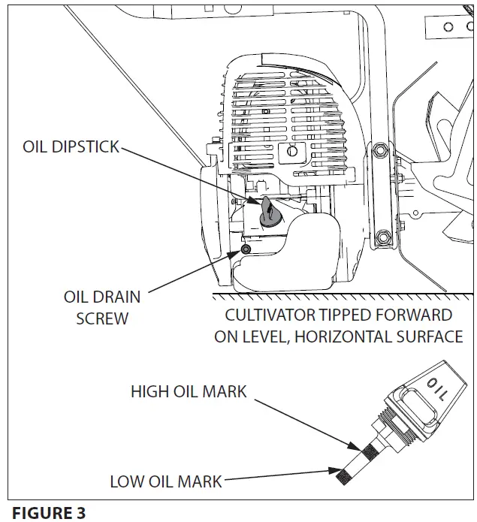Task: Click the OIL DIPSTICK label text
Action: pyautogui.click(x=71, y=146)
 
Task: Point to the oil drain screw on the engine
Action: pyautogui.click(x=246, y=249)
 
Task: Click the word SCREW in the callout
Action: pyautogui.click(x=101, y=318)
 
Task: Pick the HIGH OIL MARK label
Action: pyautogui.click(x=188, y=391)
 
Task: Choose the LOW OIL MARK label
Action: pyautogui.click(x=166, y=481)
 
